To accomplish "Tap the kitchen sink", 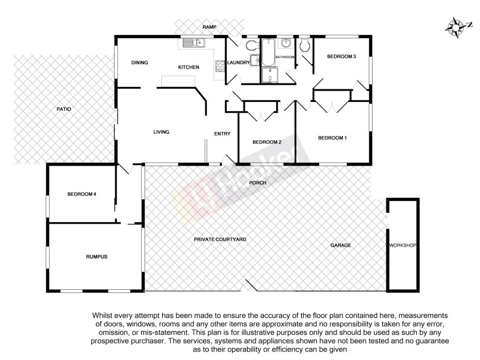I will pyautogui.click(x=194, y=43).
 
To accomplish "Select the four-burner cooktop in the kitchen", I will pyautogui.click(x=219, y=67).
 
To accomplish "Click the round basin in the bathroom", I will pyautogui.click(x=286, y=43).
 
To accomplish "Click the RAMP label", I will pyautogui.click(x=209, y=28).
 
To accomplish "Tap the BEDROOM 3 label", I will pyautogui.click(x=341, y=56).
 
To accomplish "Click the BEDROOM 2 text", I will pyautogui.click(x=266, y=142).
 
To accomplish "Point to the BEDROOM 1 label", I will pyautogui.click(x=332, y=138).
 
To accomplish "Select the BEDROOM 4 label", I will pyautogui.click(x=82, y=194).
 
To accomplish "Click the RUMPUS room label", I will pyautogui.click(x=95, y=256).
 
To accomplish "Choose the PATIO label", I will pyautogui.click(x=64, y=109).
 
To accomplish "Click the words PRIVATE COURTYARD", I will pyautogui.click(x=220, y=239).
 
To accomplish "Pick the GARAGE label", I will pyautogui.click(x=340, y=245).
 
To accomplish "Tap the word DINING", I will pyautogui.click(x=140, y=62).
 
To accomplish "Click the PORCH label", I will pyautogui.click(x=258, y=182).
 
